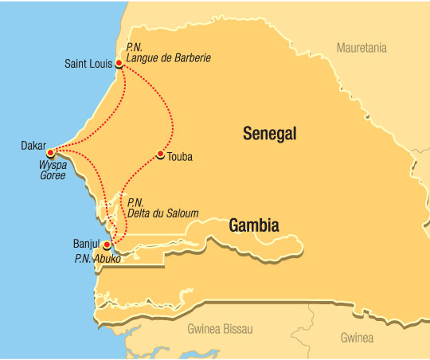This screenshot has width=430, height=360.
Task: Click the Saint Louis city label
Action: point(88,62)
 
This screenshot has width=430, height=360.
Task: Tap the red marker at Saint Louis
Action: point(119,63)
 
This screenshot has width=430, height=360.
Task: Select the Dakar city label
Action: point(33,146)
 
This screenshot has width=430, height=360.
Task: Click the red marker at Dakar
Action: point(50,151)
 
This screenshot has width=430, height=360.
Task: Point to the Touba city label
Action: point(181,157)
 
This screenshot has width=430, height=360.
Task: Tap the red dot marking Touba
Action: point(161,155)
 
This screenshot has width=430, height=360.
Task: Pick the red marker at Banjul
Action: point(107,245)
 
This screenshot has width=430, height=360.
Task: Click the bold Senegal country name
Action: point(269,135)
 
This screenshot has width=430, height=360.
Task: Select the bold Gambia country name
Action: point(254,225)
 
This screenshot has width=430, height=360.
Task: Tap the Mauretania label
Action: point(362,48)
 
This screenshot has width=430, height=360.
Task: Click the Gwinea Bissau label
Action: point(220,328)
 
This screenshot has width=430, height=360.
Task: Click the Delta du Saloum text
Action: point(162,213)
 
